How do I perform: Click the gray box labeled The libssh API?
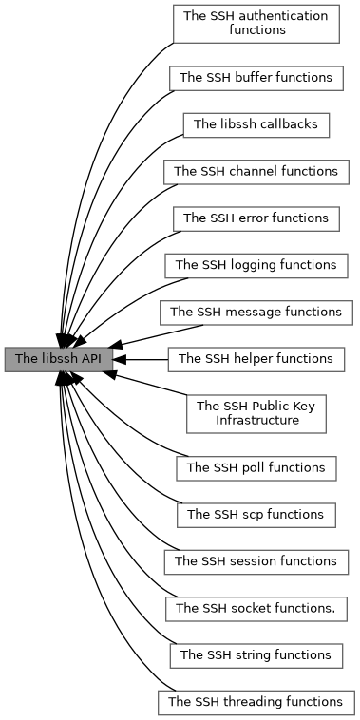59,359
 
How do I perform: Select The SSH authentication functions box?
256,23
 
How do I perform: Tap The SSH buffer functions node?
256,77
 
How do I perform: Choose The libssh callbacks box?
256,124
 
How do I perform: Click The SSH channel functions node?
256,172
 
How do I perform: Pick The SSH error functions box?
256,218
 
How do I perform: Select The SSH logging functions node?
256,265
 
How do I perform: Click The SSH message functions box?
256,312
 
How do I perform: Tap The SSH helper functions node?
256,359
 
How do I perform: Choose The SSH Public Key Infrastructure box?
256,412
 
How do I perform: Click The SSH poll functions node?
256,467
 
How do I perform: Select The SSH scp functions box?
256,514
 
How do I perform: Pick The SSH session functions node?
256,561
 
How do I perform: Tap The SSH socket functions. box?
256,608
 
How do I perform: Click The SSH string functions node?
256,654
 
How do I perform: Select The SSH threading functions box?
256,702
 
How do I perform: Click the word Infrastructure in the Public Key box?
256,420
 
